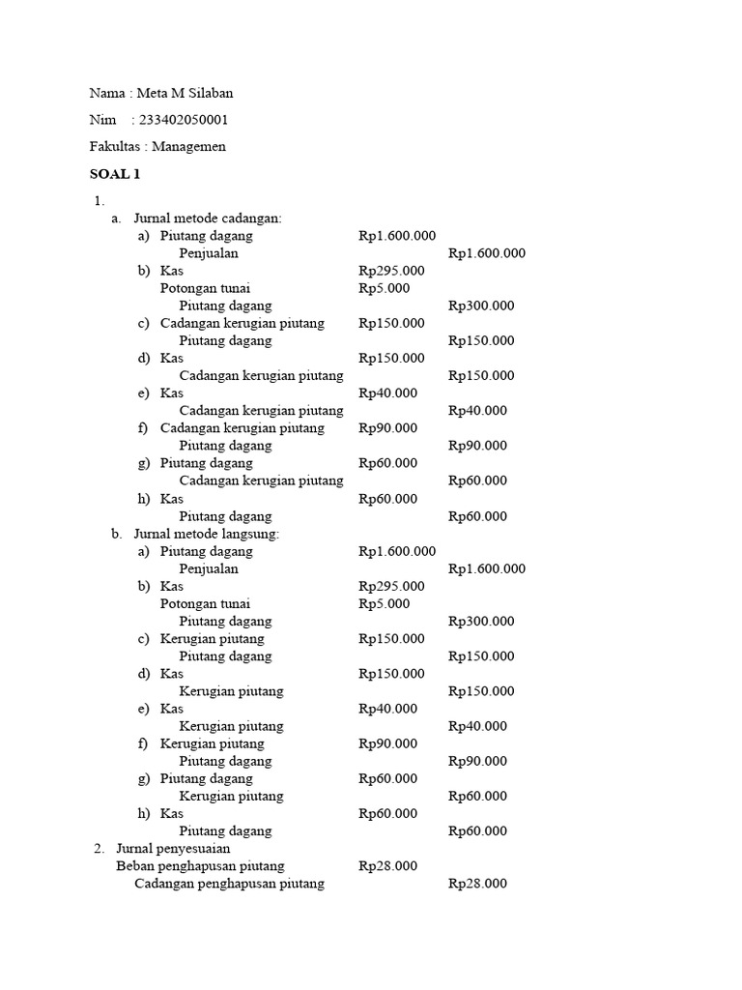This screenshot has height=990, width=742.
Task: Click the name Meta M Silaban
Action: (185, 94)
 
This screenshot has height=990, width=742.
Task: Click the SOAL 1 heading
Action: (115, 174)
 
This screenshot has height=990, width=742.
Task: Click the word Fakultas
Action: (114, 147)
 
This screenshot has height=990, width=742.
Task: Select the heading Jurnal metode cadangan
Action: (207, 218)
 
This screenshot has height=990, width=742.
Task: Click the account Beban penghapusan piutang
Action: (200, 866)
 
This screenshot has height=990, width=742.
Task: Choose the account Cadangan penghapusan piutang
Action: (229, 884)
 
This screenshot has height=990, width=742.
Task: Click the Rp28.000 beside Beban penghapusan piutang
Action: (387, 866)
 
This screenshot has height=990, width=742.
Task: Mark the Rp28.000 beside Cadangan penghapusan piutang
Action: (477, 884)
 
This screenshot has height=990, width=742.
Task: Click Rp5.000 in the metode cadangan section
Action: (384, 288)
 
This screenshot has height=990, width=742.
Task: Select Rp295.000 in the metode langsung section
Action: (391, 586)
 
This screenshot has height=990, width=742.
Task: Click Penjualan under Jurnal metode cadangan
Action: (209, 253)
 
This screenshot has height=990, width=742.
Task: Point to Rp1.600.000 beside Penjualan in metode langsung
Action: (487, 568)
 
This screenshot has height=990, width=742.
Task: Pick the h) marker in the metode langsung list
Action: (144, 814)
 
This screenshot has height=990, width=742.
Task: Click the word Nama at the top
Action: (107, 94)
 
